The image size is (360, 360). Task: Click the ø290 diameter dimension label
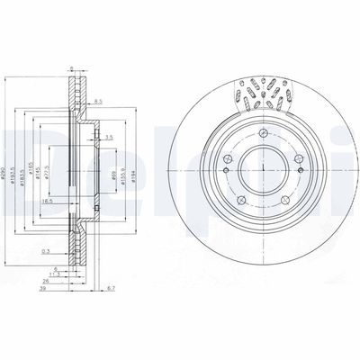click(4, 161)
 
